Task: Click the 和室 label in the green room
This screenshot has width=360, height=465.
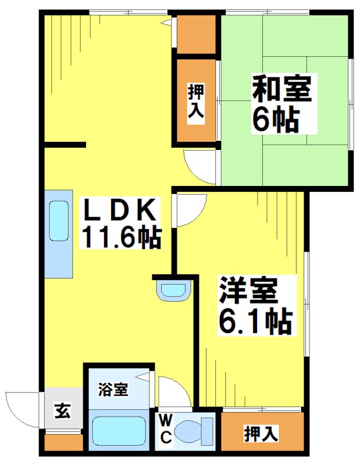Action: [x=282, y=90]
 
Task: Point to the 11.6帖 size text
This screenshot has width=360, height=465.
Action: [x=122, y=237]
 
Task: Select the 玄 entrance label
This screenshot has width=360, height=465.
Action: [x=62, y=410]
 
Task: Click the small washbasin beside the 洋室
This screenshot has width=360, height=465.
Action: [x=174, y=289]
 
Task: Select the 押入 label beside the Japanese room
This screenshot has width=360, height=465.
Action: [x=195, y=102]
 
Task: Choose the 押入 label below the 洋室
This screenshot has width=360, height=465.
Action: [x=261, y=433]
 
